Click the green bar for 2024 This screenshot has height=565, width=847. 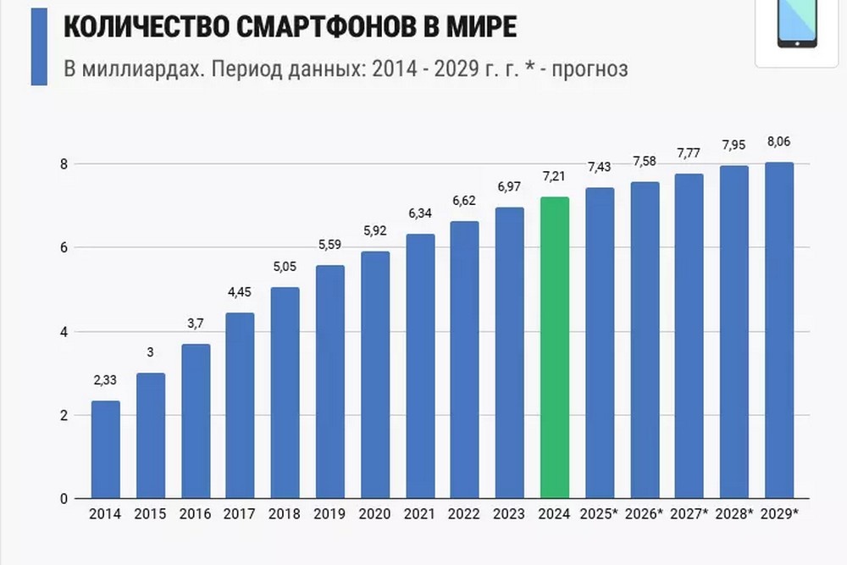555,347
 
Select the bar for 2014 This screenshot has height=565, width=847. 106,449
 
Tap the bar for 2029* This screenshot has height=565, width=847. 779,330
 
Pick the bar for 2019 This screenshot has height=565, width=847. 330,381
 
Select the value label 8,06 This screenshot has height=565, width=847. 779,142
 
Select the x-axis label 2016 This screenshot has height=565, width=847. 195,514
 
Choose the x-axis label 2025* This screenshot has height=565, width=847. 600,514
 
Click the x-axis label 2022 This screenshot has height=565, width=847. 465,514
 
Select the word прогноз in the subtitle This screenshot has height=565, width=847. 590,69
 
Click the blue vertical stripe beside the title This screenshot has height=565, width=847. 39,47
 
